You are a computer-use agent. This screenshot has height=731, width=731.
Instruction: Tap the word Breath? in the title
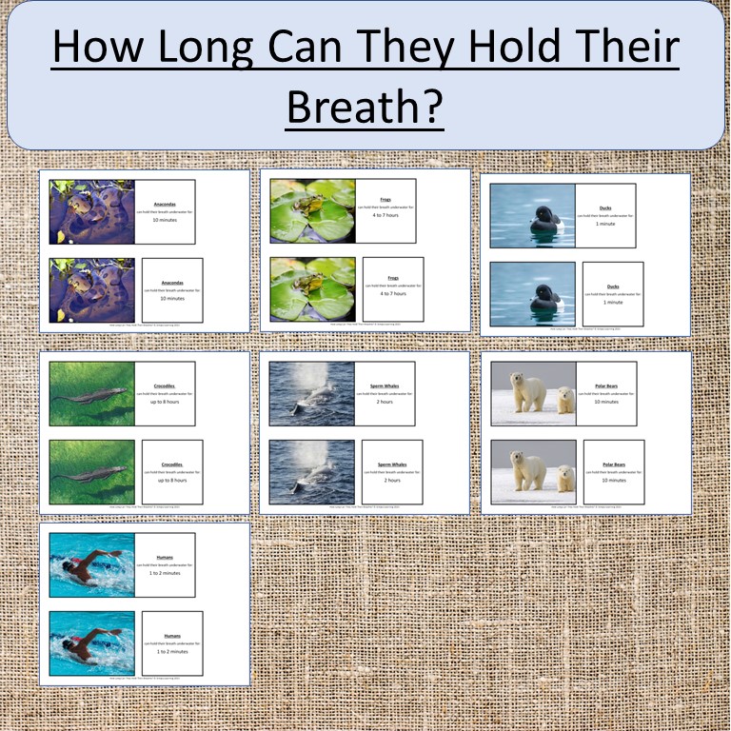click(x=365, y=109)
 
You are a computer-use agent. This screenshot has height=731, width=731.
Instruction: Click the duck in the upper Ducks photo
click(x=545, y=219)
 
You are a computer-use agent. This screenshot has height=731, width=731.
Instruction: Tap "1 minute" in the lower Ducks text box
click(x=613, y=302)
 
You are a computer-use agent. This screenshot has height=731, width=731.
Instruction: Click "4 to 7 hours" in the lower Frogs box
click(x=392, y=293)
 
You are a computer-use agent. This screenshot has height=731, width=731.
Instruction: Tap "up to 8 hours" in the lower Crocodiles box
click(x=171, y=480)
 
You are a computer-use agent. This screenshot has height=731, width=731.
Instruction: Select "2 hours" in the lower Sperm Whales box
click(x=392, y=480)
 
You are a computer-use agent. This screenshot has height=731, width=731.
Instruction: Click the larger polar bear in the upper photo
click(x=528, y=391)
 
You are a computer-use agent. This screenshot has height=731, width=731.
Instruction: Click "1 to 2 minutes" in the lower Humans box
click(x=171, y=651)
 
